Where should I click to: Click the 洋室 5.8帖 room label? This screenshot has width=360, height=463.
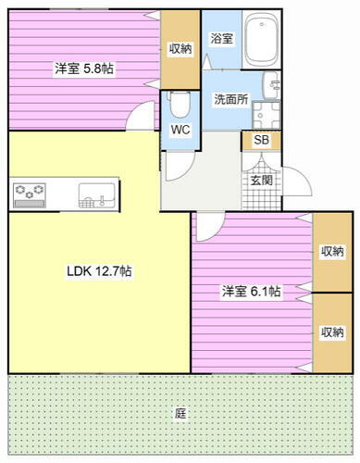84,69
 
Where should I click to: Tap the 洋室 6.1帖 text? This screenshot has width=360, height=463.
251,291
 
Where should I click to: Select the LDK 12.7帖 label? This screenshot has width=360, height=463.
98,271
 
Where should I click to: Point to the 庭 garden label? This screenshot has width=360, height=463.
180,415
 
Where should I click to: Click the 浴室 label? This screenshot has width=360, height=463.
221,40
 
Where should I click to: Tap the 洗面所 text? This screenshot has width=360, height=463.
230,99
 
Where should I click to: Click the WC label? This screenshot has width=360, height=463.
180,131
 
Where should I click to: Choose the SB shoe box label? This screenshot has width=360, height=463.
262,141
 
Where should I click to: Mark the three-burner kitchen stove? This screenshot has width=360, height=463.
30,194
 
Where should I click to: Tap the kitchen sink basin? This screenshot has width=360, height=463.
95,194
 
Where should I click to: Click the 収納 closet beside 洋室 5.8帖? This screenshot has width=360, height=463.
180,48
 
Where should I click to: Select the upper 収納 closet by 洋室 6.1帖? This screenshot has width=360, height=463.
332,251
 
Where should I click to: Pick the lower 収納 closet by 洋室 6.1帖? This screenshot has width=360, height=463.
332,332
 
